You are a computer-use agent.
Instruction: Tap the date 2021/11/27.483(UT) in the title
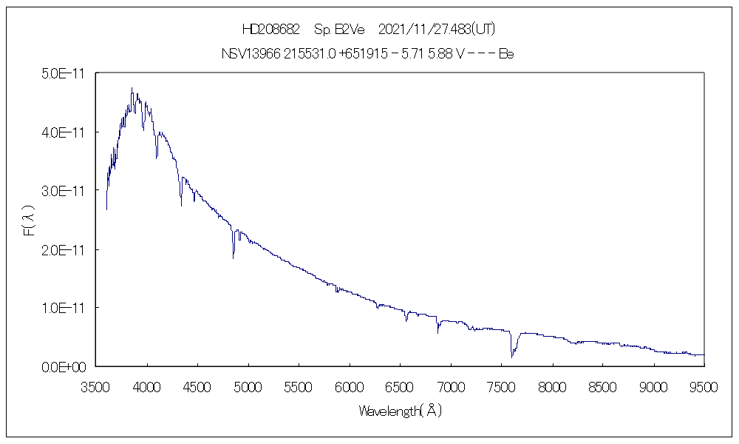(x=436, y=30)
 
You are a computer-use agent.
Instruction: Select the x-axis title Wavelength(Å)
(x=400, y=410)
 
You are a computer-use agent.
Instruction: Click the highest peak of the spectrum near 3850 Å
(x=132, y=88)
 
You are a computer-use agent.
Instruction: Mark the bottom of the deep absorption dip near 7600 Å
(x=511, y=357)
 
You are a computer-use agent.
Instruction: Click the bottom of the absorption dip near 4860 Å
(x=234, y=258)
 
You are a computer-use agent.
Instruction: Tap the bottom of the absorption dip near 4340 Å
(x=181, y=205)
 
